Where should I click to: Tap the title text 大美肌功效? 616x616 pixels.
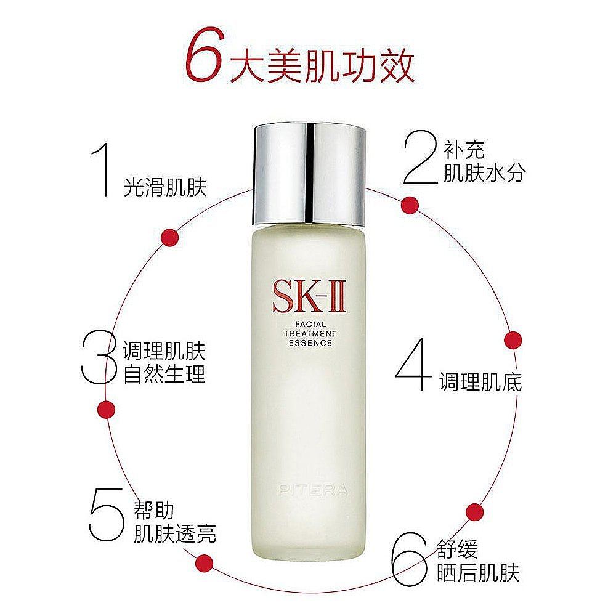tap(321, 67)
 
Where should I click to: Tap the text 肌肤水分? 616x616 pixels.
tap(484, 173)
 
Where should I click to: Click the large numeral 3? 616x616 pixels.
tap(99, 358)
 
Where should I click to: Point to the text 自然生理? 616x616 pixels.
tap(164, 373)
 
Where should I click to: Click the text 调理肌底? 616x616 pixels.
tap(480, 382)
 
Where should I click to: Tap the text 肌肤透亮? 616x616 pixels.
tap(175, 533)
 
